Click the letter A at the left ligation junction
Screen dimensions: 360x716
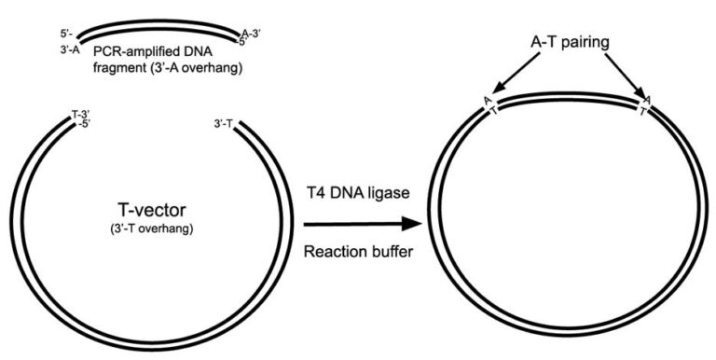487,101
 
